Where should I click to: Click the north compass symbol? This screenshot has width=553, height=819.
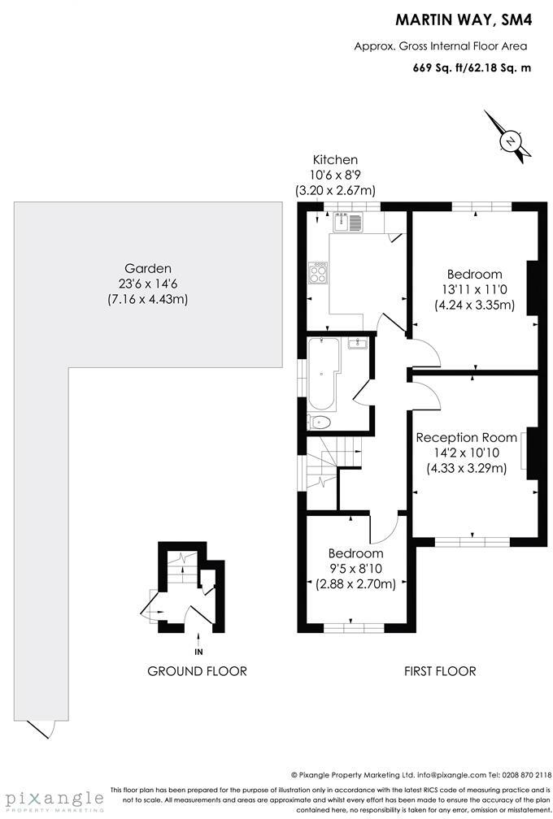(510, 141)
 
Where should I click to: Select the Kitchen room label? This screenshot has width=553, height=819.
(335, 160)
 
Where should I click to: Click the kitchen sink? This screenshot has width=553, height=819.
(346, 221)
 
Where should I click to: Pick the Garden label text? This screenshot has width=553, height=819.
(148, 268)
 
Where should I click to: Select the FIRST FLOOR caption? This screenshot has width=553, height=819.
(440, 671)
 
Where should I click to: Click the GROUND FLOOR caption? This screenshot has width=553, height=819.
(197, 671)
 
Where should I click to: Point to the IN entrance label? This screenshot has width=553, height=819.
(198, 650)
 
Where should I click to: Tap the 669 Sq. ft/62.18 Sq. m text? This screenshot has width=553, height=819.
(472, 67)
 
